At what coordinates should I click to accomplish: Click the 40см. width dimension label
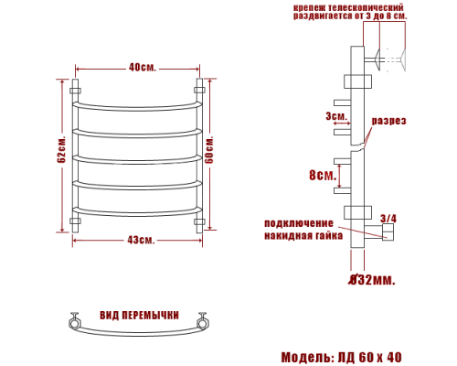(140, 68)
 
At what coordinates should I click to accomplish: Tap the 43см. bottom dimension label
(140, 240)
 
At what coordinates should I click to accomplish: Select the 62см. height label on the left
(60, 156)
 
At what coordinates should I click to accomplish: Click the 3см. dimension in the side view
(335, 116)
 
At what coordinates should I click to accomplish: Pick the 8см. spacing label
(320, 175)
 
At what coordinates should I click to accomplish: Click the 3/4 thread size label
(388, 218)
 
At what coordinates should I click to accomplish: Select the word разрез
(388, 121)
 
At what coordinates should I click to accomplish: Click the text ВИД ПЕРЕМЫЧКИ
(140, 313)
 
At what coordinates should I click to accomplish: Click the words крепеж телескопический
(349, 8)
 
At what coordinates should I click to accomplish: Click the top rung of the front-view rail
(137, 105)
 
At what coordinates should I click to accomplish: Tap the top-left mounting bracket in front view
(75, 92)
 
